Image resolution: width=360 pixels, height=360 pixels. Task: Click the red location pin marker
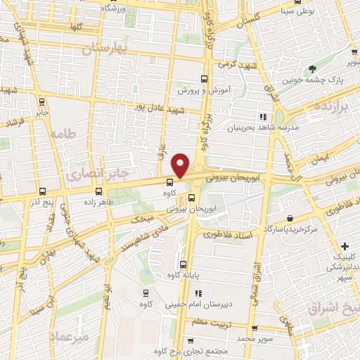pyautogui.click(x=181, y=165)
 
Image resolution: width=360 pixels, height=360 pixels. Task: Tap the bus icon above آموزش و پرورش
pyautogui.click(x=204, y=79)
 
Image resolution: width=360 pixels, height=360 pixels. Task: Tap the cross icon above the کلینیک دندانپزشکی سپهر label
pyautogui.click(x=344, y=246)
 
